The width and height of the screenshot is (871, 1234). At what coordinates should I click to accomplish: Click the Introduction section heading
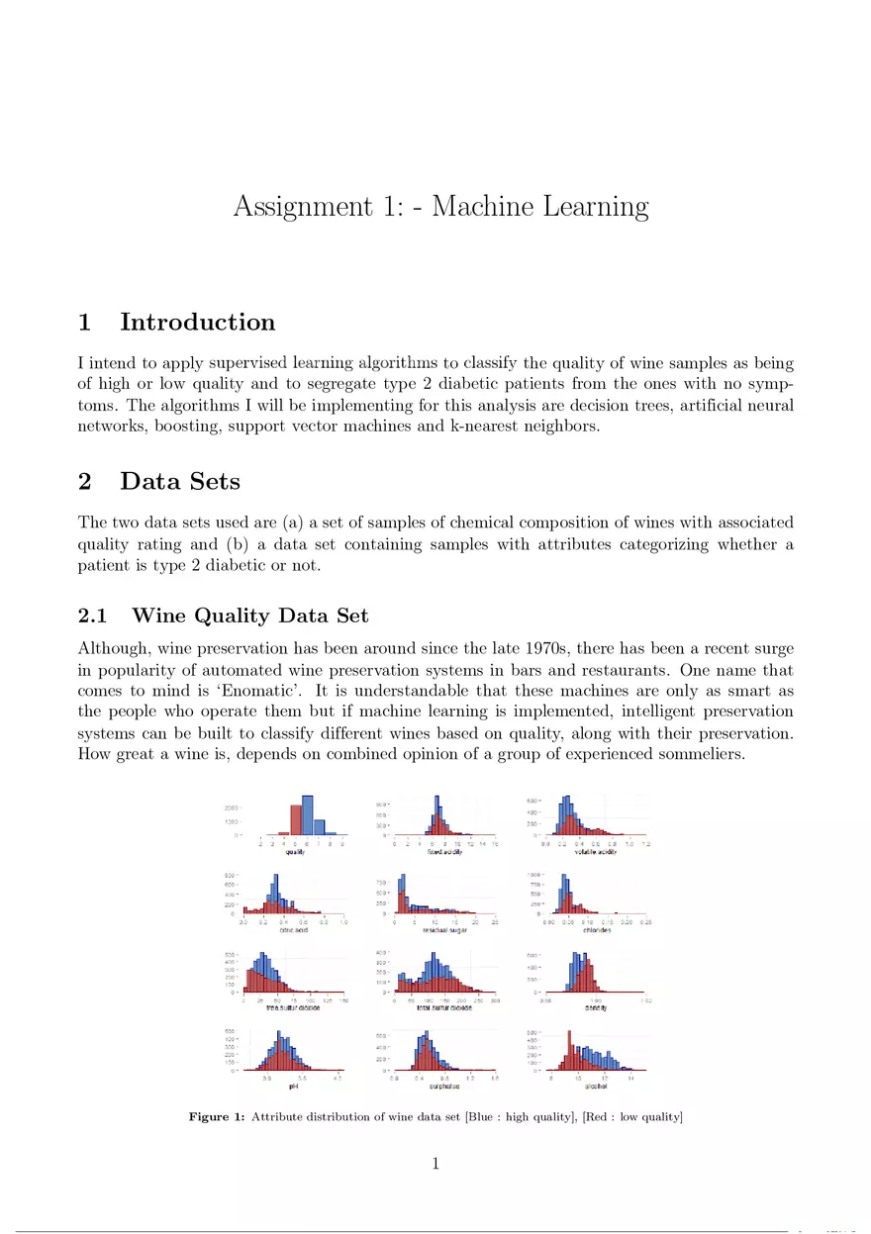[197, 323]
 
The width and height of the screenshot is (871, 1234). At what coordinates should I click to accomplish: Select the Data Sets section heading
[179, 482]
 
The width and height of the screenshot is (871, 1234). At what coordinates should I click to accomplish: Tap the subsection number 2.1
[96, 617]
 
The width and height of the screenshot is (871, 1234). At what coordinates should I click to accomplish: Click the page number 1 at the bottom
[435, 1164]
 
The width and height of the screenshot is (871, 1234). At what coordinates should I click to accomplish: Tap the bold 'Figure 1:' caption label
[217, 1117]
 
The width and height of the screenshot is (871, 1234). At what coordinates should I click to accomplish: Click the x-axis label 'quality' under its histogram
[294, 852]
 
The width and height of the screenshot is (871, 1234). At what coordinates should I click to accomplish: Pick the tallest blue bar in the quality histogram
[308, 814]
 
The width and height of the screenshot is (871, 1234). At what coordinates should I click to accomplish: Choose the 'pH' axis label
[294, 1086]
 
